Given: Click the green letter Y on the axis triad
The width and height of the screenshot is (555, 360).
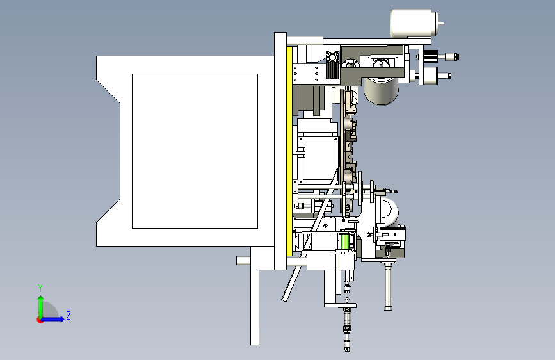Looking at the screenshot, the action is (x=40, y=288).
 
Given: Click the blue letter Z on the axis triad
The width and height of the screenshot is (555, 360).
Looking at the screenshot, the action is (x=68, y=315).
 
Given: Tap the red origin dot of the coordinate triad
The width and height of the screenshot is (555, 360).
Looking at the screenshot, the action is (x=40, y=320).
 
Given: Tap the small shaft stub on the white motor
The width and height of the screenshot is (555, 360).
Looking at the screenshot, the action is (x=442, y=24).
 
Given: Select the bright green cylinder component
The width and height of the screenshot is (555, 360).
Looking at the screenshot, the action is (x=345, y=241).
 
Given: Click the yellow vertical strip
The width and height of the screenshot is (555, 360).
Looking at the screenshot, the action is (x=289, y=151).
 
